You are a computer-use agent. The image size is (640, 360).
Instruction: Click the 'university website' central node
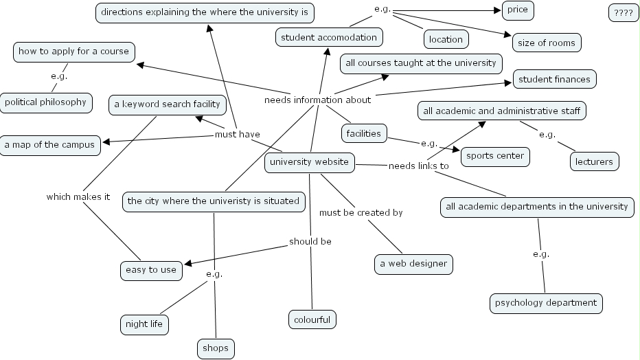click(310, 163)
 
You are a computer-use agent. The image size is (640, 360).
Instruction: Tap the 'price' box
click(518, 10)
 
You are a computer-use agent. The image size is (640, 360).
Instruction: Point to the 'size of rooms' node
click(547, 42)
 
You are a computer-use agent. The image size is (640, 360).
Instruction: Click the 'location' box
click(446, 39)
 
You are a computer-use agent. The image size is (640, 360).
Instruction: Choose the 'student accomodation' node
click(329, 37)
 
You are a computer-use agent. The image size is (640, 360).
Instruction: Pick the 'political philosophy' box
click(45, 102)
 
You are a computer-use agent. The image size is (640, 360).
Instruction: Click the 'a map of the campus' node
click(49, 145)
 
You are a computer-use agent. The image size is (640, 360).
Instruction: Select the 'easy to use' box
click(150, 270)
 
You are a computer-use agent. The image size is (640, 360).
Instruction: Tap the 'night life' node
click(144, 324)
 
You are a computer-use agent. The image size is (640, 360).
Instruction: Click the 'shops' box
click(216, 348)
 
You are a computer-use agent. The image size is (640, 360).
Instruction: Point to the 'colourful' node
click(312, 319)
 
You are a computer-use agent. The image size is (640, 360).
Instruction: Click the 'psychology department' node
click(547, 303)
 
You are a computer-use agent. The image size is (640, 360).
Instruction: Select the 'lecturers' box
click(595, 161)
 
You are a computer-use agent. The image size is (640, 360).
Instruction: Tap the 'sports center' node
click(495, 156)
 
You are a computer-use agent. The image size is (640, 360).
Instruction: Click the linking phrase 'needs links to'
click(418, 166)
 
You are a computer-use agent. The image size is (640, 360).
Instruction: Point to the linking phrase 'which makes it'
click(78, 197)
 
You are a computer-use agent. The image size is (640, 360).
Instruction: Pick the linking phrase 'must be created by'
click(361, 213)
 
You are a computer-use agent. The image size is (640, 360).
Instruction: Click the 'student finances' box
click(554, 79)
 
